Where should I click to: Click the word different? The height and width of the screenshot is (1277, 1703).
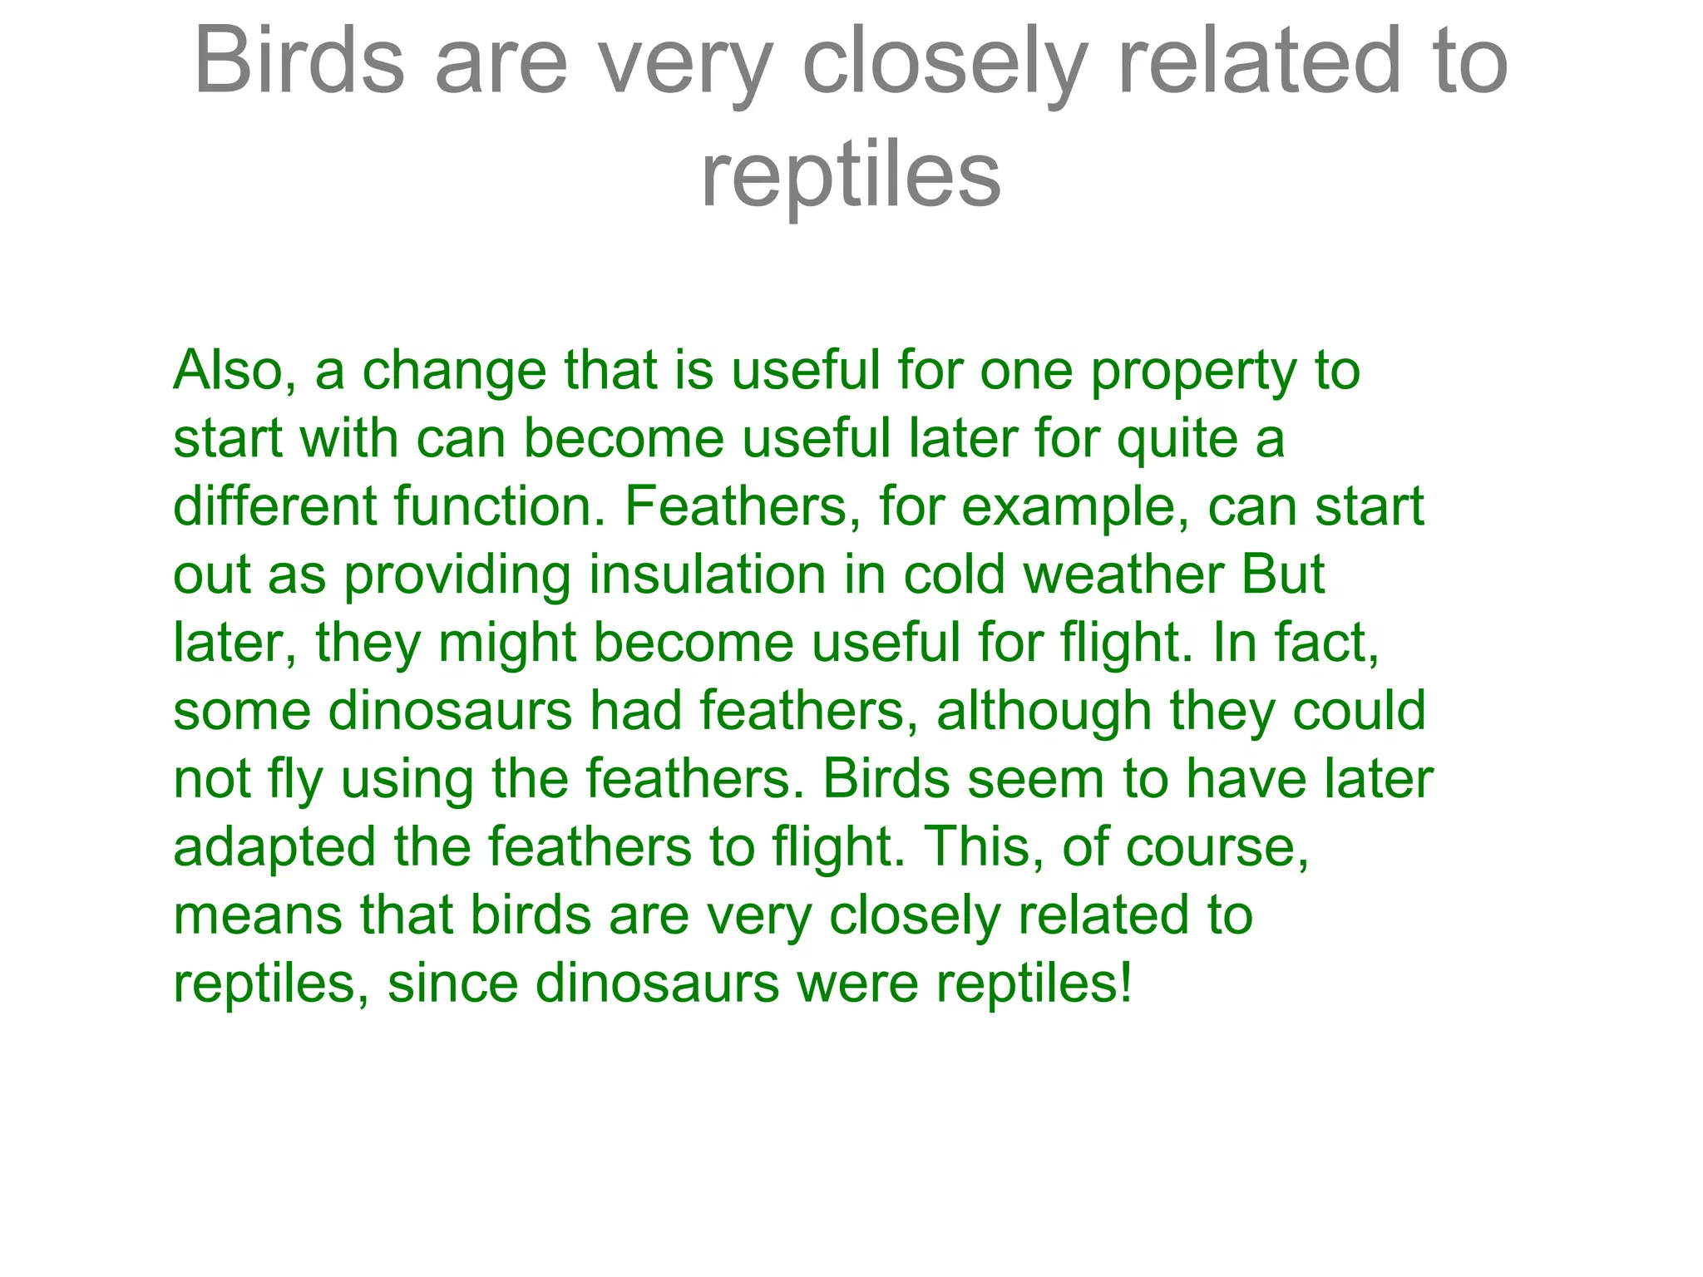[x=274, y=506]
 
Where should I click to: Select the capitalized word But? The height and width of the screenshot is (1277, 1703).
[x=1282, y=574]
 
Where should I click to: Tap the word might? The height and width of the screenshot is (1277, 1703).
[x=507, y=644]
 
